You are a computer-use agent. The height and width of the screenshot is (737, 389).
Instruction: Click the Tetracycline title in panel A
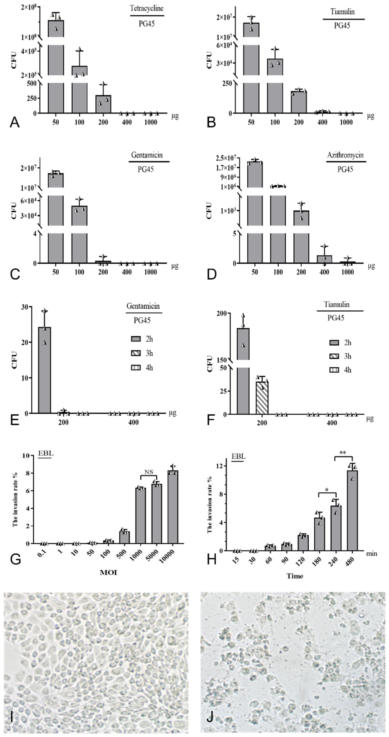coord(147,8)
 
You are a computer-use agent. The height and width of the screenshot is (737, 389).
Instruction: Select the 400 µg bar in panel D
coord(324,259)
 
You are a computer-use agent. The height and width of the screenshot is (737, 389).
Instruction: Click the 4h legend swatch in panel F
coord(334,370)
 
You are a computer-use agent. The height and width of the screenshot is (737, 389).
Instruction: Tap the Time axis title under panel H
coord(295,576)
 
